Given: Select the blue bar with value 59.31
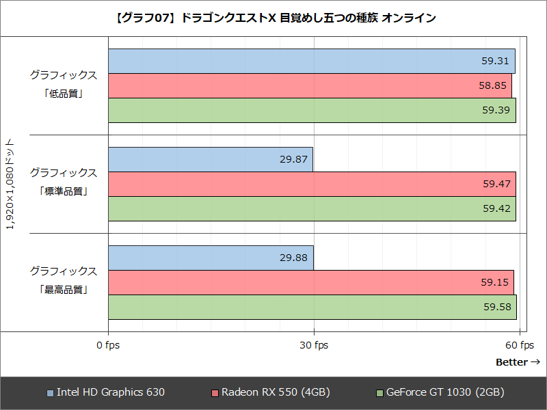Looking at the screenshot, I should point(311,61).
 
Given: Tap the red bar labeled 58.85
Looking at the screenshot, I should point(310,85).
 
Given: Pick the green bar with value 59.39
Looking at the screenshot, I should point(312,110).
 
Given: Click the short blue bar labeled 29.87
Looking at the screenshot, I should point(211,159).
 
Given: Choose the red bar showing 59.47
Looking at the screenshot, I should point(312,184).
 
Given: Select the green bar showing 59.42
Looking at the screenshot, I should point(312,208).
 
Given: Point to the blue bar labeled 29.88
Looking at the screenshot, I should point(211,258).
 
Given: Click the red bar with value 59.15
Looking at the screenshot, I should point(310,282).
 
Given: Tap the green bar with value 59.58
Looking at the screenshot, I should point(312,307).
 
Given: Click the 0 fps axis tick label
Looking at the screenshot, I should point(108,345).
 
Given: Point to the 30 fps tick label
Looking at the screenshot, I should point(313,345).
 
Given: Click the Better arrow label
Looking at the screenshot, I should point(518,361).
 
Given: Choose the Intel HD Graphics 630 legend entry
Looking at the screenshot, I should point(106,392).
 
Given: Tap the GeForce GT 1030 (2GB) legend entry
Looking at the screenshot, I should point(440,392).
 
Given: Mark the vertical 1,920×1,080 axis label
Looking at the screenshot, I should point(10,184).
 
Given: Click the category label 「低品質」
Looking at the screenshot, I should point(63,93).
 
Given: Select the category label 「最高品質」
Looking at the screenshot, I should point(63,289).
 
